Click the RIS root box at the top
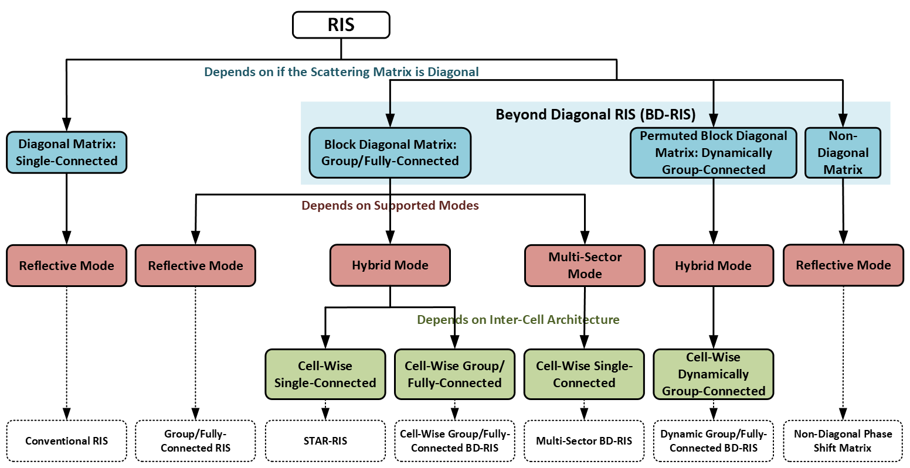tap(341, 25)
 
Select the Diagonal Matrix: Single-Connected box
tap(66, 152)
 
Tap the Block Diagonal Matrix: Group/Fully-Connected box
tap(390, 152)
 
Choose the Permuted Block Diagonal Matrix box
tap(713, 152)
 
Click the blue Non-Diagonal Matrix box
tap(843, 152)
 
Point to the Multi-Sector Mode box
tap(585, 265)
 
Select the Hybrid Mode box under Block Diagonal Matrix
tap(390, 265)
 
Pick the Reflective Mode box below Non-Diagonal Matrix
tap(843, 265)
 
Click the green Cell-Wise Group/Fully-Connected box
tap(454, 374)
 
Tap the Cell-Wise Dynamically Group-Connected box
tap(713, 374)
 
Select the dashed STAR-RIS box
tap(325, 441)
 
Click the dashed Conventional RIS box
tap(66, 441)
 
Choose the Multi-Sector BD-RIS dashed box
tap(584, 441)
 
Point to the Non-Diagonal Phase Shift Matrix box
tap(843, 441)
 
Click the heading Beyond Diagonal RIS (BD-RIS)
tap(595, 114)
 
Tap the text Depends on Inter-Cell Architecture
tap(518, 320)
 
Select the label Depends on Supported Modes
tap(390, 206)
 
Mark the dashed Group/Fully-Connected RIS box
tap(195, 441)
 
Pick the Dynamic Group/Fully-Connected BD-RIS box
tap(713, 441)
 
